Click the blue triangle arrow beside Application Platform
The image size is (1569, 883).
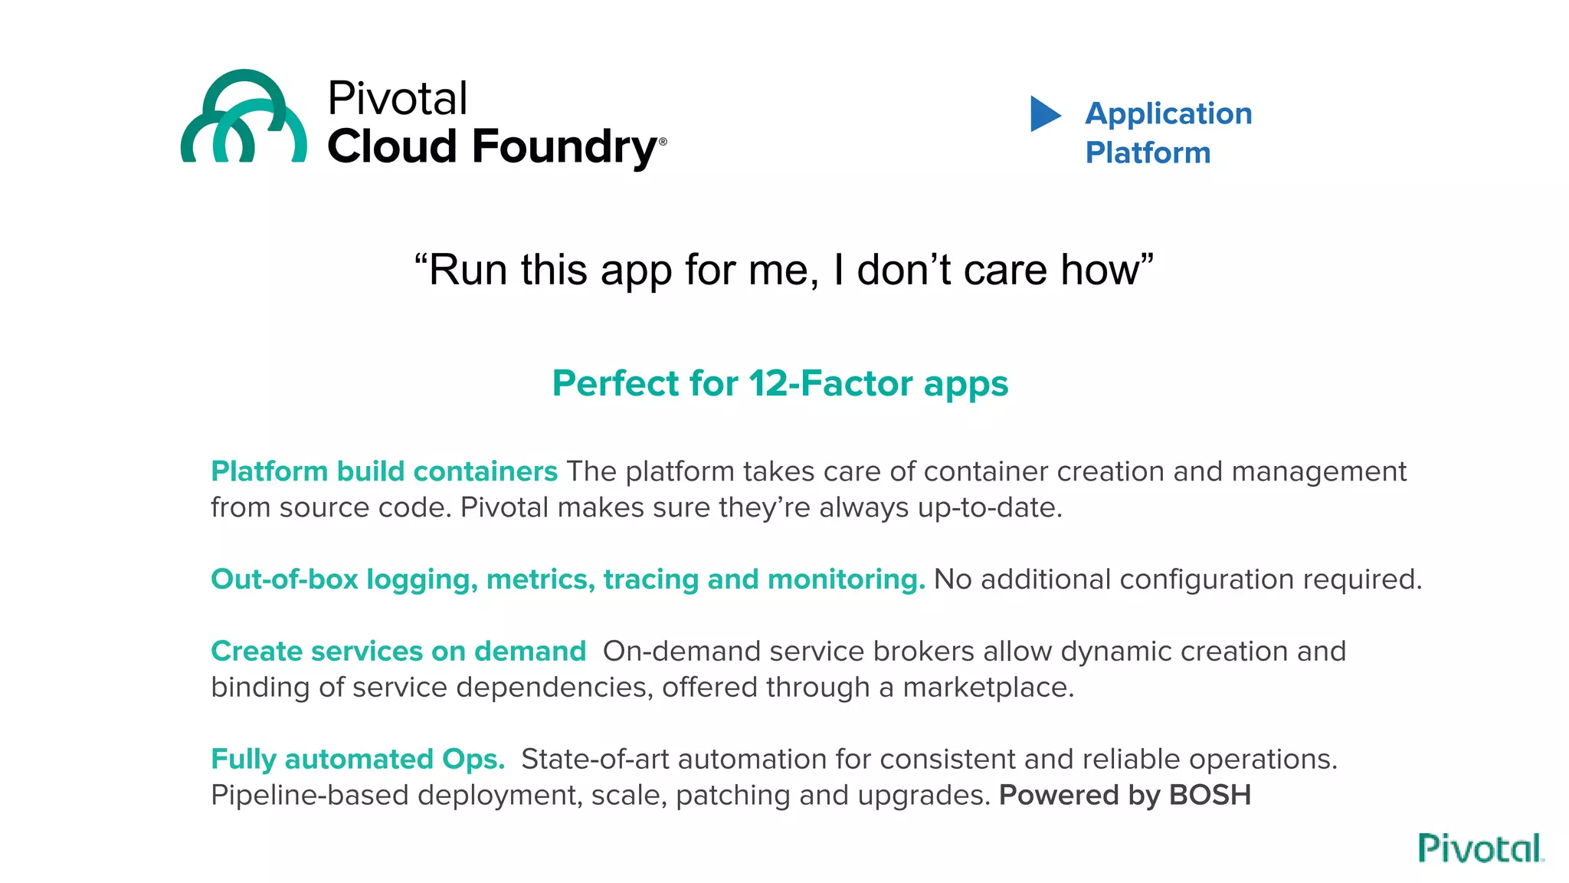coord(1044,114)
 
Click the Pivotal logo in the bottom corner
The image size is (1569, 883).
coord(1480,849)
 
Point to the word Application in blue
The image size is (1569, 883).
coord(1168,114)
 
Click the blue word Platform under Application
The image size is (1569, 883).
coord(1148,153)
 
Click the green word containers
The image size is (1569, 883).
coord(485,471)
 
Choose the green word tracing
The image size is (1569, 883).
coord(650,579)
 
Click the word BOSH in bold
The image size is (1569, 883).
coord(1210,795)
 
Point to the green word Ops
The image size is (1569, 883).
coord(473,760)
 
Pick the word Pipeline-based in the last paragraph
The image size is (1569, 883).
coord(310,796)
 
